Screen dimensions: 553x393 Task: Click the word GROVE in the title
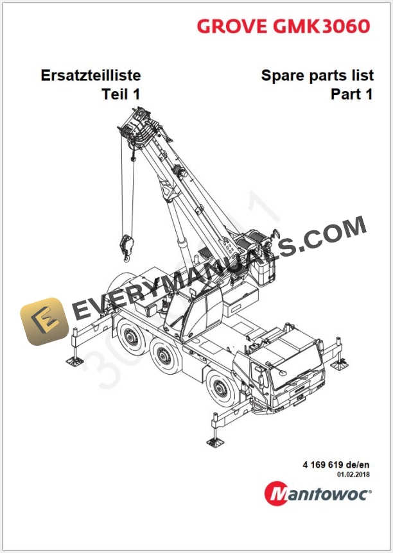(x=231, y=26)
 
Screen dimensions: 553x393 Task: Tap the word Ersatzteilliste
(x=90, y=76)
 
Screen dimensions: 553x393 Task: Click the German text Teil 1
(x=121, y=94)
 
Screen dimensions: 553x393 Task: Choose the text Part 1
(x=351, y=94)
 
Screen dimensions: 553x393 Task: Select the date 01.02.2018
(x=354, y=475)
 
